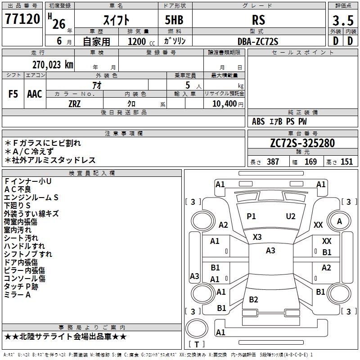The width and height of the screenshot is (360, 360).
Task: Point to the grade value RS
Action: (x=258, y=21)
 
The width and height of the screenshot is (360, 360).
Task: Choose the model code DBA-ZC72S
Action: (x=258, y=41)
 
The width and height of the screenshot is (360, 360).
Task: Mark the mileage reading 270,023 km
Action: (x=52, y=64)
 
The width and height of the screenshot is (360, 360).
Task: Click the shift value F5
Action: (x=13, y=94)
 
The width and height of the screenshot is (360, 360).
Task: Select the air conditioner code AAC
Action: (x=35, y=94)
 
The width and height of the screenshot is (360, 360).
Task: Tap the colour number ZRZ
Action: (x=75, y=103)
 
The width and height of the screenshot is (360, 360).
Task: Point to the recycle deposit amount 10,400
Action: (x=224, y=104)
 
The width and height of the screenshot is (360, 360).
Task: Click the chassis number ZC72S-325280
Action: (x=302, y=143)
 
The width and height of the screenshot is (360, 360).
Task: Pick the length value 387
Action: (x=273, y=162)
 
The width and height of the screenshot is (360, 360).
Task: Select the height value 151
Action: (x=346, y=162)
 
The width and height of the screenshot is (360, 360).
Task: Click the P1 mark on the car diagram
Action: (x=251, y=216)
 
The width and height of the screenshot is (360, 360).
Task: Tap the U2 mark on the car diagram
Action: (x=291, y=216)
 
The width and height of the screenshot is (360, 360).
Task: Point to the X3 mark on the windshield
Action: (x=257, y=237)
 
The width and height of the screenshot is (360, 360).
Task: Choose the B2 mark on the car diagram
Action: (x=253, y=300)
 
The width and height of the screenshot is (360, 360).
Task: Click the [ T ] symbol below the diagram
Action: (x=197, y=345)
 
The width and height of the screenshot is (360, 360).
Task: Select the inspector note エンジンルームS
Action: (x=31, y=197)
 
